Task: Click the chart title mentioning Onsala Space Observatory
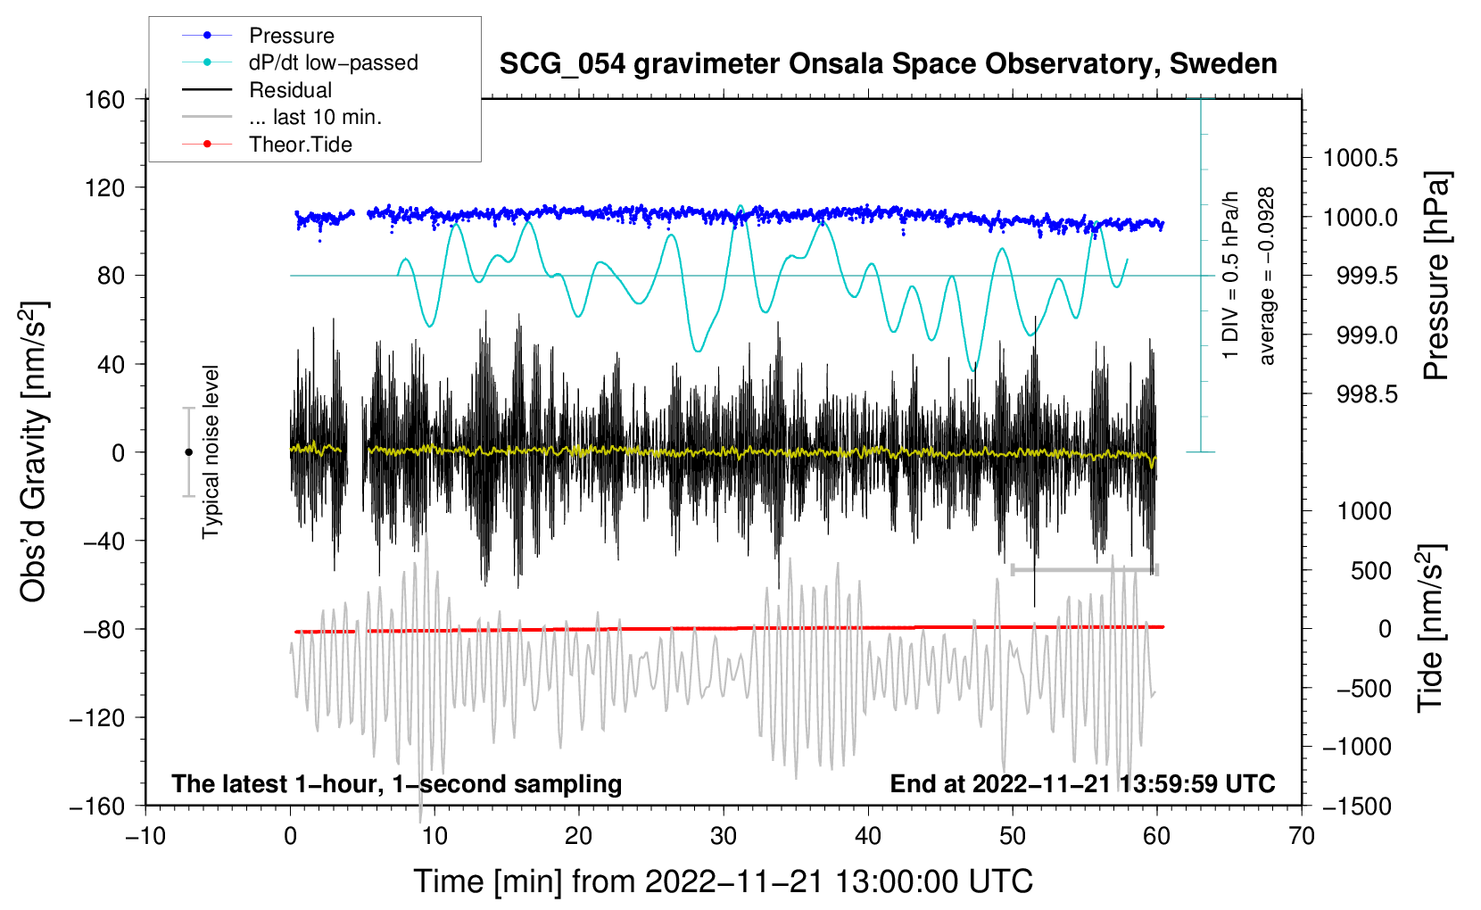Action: (x=888, y=64)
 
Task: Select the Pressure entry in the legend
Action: (x=292, y=35)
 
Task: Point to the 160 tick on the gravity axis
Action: (x=105, y=100)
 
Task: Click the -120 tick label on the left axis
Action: (x=97, y=717)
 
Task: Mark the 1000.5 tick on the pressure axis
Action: (x=1361, y=158)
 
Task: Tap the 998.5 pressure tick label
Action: (x=1368, y=395)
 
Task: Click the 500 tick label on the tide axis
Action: (x=1371, y=571)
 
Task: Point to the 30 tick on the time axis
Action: (x=724, y=837)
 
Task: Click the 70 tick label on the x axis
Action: (x=1301, y=837)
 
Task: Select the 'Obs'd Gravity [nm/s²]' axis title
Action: (x=33, y=451)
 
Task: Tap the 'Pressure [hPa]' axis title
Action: (x=1436, y=276)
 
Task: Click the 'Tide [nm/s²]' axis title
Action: (x=1432, y=628)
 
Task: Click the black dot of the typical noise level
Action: (x=188, y=452)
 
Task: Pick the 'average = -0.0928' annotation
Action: (x=1266, y=276)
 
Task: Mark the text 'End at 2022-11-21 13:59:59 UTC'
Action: (x=1082, y=783)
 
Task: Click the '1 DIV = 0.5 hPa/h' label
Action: (x=1229, y=276)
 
